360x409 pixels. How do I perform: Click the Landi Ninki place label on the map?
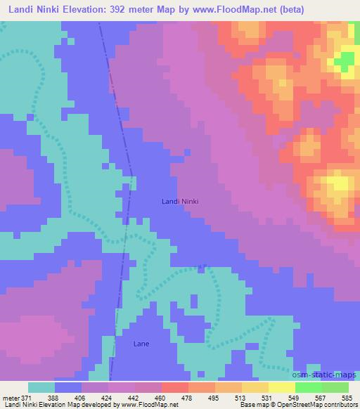tap(179, 202)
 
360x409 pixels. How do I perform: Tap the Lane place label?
tap(141, 344)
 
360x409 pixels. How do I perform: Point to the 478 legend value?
tap(188, 397)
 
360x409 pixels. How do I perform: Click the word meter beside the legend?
tap(15, 397)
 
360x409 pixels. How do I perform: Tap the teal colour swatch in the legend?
tap(41, 387)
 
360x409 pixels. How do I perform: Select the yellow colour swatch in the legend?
tap(282, 387)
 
